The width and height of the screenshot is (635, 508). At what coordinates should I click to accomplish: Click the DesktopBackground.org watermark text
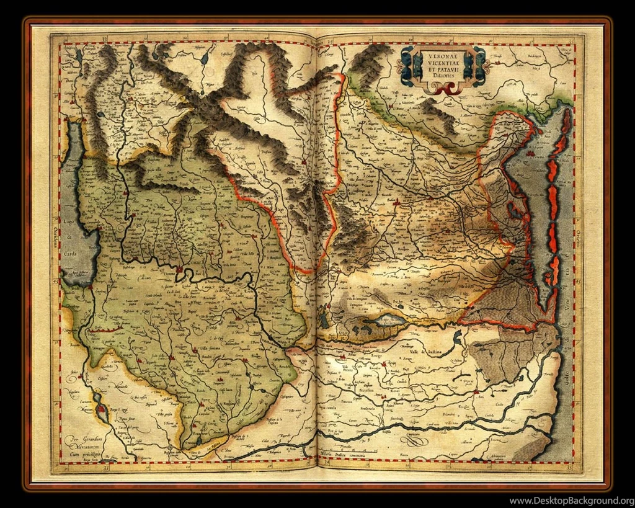pyautogui.click(x=571, y=501)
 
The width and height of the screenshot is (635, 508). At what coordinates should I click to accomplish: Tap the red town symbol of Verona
pyautogui.click(x=179, y=270)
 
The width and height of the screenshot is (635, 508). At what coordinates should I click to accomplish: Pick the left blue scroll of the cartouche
pyautogui.click(x=407, y=67)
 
